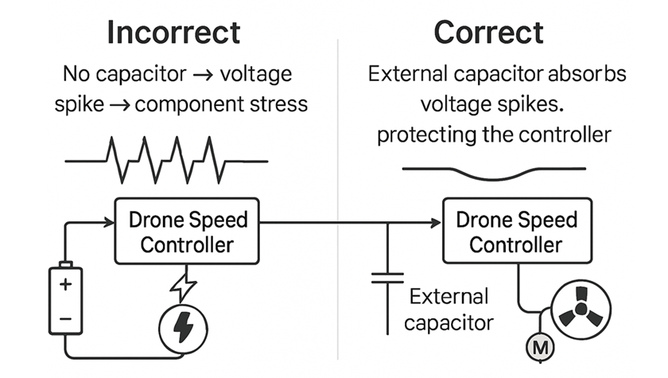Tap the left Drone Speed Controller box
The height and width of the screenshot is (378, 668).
point(188,231)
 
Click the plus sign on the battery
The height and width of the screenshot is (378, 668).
point(66,284)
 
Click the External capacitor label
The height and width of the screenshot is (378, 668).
point(448,310)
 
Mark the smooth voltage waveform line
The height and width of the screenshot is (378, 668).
point(493,171)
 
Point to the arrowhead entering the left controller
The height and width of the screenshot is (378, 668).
point(109,223)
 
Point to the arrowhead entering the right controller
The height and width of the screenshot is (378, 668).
point(437,224)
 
